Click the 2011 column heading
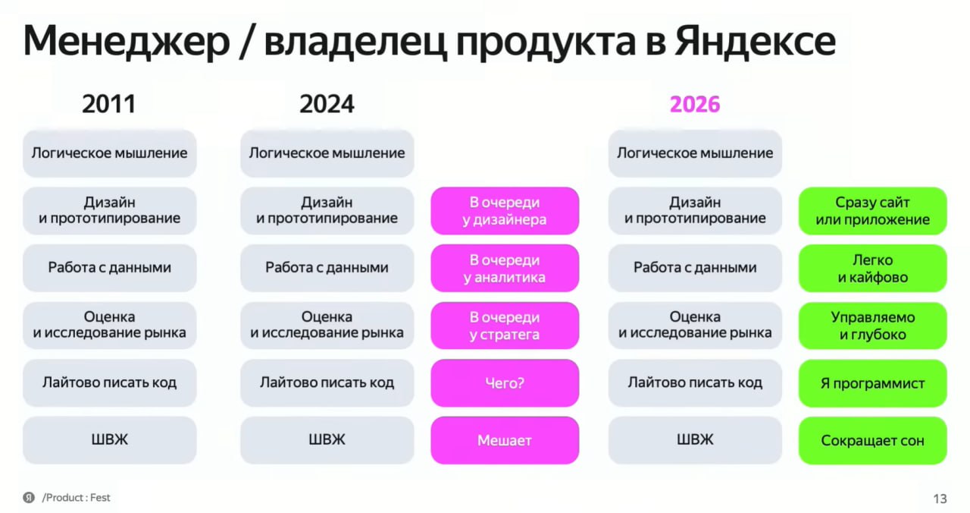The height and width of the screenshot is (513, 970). (x=109, y=104)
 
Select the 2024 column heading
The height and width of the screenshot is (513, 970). (x=327, y=104)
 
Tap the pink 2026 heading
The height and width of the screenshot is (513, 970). (x=695, y=104)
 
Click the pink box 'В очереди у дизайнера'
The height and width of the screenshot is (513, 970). (x=505, y=211)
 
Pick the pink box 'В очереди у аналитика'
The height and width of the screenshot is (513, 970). (x=505, y=268)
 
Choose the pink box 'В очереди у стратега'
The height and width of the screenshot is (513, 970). (x=505, y=326)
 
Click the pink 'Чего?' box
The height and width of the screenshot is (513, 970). (x=505, y=383)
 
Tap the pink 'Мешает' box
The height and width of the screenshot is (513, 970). (x=505, y=440)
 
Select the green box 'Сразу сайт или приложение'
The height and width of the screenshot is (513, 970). (x=872, y=211)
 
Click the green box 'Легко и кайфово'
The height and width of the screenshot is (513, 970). (x=872, y=268)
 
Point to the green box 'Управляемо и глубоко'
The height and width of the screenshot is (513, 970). (x=872, y=326)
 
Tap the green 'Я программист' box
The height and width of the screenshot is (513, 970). (x=872, y=383)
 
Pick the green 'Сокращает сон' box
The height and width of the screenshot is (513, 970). (x=872, y=440)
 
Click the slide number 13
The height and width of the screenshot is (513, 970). (x=940, y=499)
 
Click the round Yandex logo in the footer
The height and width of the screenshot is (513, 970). (x=29, y=497)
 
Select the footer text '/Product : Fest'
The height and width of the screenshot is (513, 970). (x=77, y=497)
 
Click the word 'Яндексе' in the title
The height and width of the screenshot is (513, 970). (x=755, y=41)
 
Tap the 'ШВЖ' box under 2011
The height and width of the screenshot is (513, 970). (x=110, y=440)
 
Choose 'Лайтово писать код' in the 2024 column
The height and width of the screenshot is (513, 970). (x=327, y=383)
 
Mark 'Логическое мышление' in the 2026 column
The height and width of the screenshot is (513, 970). (x=695, y=153)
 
